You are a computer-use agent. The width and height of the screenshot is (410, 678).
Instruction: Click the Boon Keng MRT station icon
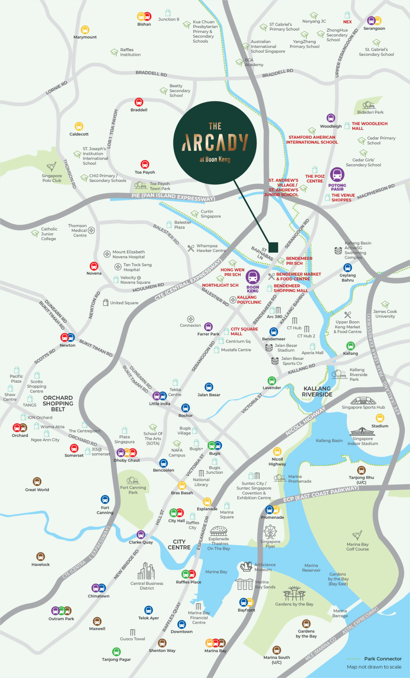click(253, 277)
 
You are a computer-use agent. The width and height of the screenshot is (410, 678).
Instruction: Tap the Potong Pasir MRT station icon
click(337, 174)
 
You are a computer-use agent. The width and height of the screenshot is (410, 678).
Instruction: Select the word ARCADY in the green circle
click(215, 142)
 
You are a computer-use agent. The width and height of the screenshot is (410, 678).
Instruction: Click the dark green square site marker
click(273, 247)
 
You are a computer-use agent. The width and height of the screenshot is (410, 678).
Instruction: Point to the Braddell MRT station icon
click(139, 102)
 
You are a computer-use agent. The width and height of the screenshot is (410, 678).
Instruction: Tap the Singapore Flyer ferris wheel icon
click(270, 531)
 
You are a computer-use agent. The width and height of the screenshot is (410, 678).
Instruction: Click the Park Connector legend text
click(383, 659)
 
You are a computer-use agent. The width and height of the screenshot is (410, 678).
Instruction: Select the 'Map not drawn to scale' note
click(374, 667)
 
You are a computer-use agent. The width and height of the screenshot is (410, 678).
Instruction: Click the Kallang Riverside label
click(317, 391)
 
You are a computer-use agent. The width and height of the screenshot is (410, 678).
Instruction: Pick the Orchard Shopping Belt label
click(58, 403)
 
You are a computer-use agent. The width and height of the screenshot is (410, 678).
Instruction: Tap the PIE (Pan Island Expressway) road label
click(173, 197)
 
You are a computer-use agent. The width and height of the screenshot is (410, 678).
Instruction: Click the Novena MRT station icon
click(94, 266)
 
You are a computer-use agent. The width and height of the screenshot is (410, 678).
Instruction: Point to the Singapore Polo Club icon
click(52, 167)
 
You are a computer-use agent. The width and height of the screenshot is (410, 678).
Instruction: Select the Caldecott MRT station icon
click(79, 126)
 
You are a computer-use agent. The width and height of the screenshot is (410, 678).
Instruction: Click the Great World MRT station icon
click(37, 482)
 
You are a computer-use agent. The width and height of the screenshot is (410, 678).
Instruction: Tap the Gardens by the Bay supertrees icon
click(294, 593)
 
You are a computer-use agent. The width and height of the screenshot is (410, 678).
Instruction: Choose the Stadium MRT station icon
click(380, 418)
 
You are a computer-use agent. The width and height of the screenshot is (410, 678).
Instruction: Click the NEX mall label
click(347, 22)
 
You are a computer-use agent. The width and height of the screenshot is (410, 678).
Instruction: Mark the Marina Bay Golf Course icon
click(357, 535)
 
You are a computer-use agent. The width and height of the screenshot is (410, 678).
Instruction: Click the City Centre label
click(179, 544)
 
